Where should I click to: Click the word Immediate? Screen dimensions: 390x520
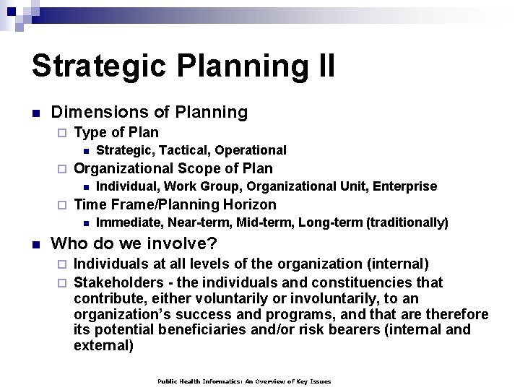coord(124,222)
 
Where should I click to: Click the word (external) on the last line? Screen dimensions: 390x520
coord(104,346)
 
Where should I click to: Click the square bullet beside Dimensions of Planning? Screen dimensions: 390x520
coord(35,113)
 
